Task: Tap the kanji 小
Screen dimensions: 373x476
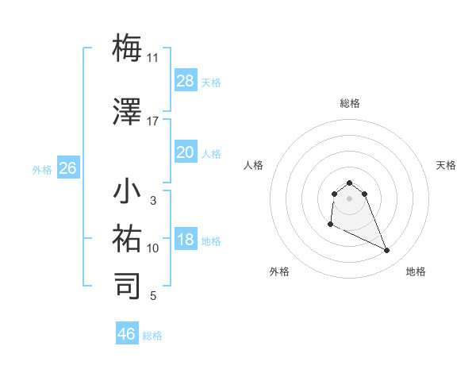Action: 128,193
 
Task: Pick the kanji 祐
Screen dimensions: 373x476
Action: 128,238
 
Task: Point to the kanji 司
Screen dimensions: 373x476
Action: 128,286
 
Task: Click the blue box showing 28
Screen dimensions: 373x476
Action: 186,80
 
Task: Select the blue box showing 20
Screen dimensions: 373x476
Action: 186,152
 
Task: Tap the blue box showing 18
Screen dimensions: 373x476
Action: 186,240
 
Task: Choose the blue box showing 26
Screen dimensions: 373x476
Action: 67,168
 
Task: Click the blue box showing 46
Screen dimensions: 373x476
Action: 127,334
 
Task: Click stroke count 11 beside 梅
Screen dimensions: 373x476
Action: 152,57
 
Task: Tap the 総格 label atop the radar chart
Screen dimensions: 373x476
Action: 350,103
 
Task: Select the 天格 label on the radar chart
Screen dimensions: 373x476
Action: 446,165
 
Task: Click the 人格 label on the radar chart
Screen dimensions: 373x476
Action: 254,165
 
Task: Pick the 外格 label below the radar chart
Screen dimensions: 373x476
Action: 279,271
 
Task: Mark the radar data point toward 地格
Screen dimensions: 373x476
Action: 387,251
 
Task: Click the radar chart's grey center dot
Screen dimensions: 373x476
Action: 350,198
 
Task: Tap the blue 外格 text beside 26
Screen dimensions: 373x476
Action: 42,169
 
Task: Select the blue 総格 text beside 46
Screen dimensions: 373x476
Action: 152,336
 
